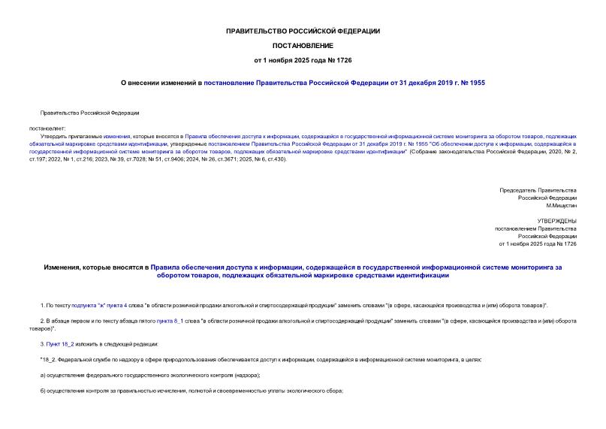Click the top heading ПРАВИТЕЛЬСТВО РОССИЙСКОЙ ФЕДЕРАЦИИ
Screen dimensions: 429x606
[x=303, y=31]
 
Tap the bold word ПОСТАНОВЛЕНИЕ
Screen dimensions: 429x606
[x=303, y=45]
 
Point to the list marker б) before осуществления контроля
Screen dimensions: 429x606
[x=44, y=391]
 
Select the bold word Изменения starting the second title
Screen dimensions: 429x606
[x=68, y=267]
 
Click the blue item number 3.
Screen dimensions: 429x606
[x=42, y=344]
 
